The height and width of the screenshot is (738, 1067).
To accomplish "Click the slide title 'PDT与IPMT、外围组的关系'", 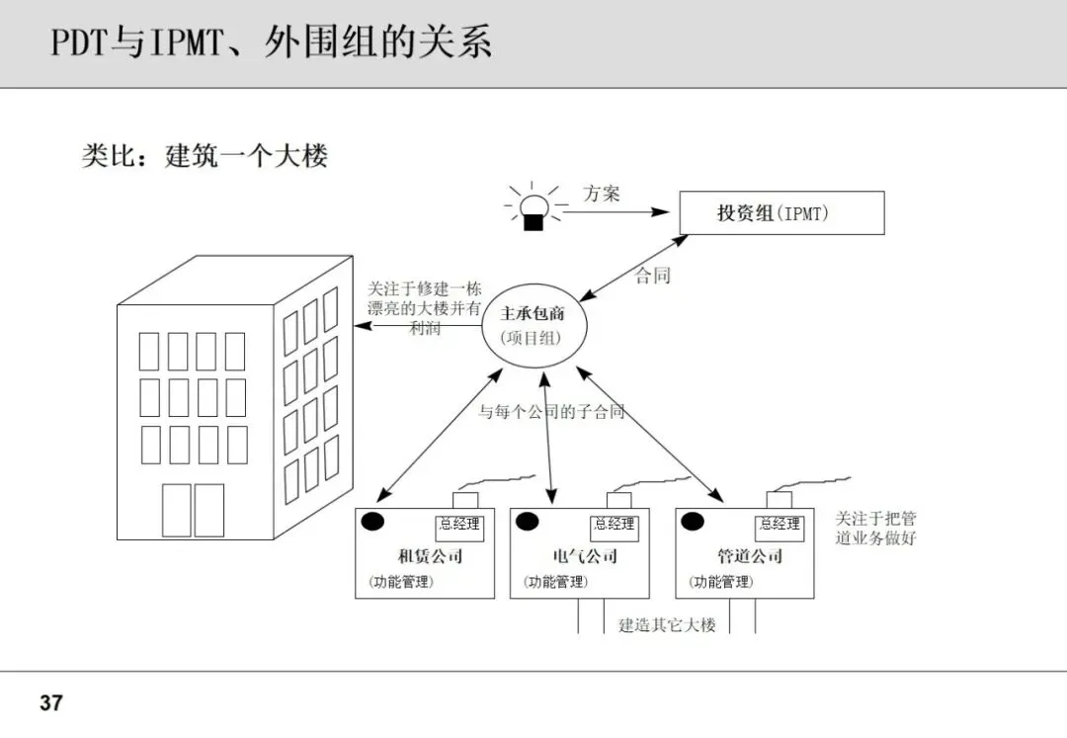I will [x=272, y=43].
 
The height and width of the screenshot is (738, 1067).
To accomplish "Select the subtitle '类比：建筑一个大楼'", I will [x=205, y=155].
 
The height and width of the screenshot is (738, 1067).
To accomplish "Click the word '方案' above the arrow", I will [x=602, y=194].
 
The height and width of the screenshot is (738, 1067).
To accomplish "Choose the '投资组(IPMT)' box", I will [x=780, y=212].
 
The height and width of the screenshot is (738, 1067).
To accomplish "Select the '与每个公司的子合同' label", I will [x=551, y=412].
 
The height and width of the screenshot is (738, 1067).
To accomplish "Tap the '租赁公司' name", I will [x=430, y=556].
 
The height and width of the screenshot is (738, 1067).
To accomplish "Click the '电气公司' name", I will [x=586, y=556].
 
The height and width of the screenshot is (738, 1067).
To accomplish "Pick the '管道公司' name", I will [x=751, y=556].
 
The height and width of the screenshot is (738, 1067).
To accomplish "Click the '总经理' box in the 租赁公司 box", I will [x=459, y=526].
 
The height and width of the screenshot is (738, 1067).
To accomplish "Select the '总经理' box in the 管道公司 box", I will [x=780, y=526].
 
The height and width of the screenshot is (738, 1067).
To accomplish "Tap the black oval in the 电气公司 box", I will [x=526, y=522].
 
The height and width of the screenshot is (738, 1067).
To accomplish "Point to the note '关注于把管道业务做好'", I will [x=875, y=529].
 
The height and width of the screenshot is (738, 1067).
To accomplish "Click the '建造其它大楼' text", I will [x=667, y=625].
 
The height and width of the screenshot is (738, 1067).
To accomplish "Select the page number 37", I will [x=51, y=703].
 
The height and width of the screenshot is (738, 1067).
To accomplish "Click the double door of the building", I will [x=194, y=510].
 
